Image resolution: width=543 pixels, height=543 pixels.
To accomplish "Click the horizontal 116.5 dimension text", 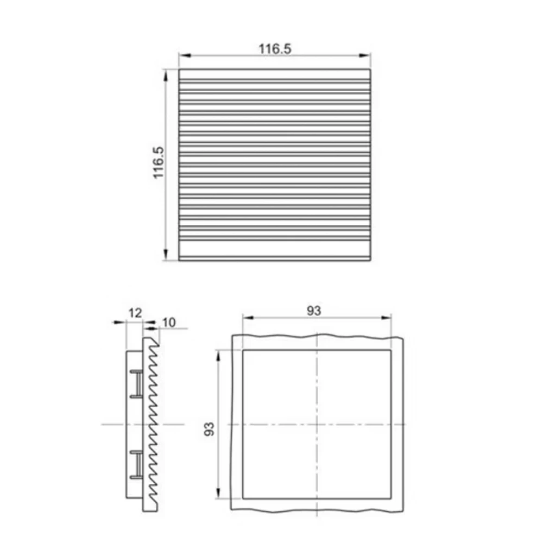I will tap(275, 48).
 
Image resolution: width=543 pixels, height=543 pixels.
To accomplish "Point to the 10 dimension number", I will tap(169, 323).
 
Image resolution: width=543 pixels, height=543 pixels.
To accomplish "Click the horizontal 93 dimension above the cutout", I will tap(314, 311).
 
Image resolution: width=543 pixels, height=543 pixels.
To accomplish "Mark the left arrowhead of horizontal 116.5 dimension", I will tap(183, 55).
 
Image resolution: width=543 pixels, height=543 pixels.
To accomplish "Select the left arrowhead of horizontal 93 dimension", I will tap(246, 318).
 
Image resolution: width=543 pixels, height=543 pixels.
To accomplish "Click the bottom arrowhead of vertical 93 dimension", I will tap(219, 495).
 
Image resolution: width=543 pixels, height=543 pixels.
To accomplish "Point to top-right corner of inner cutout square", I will tap(390, 351).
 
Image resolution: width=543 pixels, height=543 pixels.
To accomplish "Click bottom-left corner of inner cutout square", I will tap(242, 498).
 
